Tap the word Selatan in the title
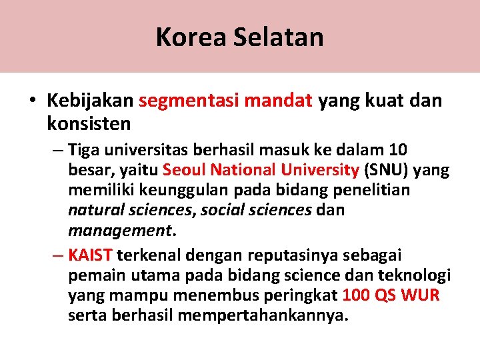pyautogui.click(x=279, y=37)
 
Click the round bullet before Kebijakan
pyautogui.click(x=32, y=101)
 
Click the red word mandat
pyautogui.click(x=279, y=101)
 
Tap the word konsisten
pyautogui.click(x=89, y=123)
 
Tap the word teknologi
pyautogui.click(x=415, y=275)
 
